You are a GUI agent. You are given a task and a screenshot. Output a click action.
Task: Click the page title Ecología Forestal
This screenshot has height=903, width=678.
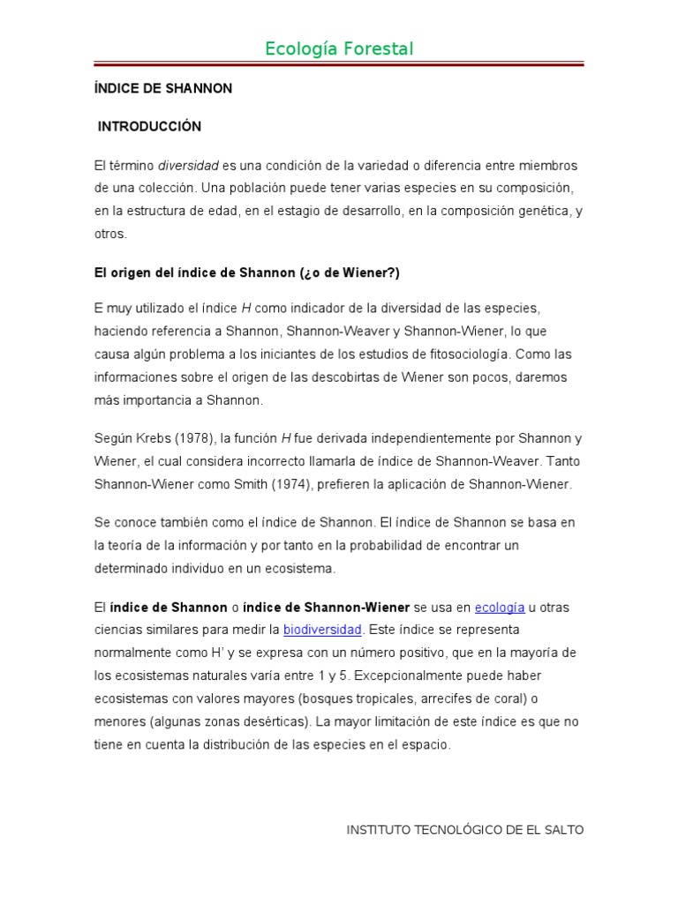click(339, 49)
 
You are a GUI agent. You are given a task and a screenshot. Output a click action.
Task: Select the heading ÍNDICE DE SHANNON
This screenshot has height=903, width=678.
click(163, 89)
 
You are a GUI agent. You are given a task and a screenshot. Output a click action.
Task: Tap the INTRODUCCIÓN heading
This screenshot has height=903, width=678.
click(149, 127)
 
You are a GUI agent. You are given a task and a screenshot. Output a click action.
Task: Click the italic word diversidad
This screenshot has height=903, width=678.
click(188, 166)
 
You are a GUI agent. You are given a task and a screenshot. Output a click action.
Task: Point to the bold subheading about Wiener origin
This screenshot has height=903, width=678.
click(247, 272)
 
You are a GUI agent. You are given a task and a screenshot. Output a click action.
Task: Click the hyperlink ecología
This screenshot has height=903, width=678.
click(500, 608)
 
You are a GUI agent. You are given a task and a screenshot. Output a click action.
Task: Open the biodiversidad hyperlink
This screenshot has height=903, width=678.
click(322, 630)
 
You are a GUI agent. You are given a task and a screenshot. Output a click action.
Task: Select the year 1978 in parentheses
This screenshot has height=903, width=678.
click(187, 439)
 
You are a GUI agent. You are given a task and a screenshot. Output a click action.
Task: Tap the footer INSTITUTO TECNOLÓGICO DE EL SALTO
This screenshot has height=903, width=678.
click(464, 830)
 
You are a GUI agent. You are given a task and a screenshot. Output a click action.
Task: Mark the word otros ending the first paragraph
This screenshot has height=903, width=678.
click(111, 235)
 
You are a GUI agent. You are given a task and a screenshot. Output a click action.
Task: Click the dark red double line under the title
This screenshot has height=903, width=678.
click(339, 64)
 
